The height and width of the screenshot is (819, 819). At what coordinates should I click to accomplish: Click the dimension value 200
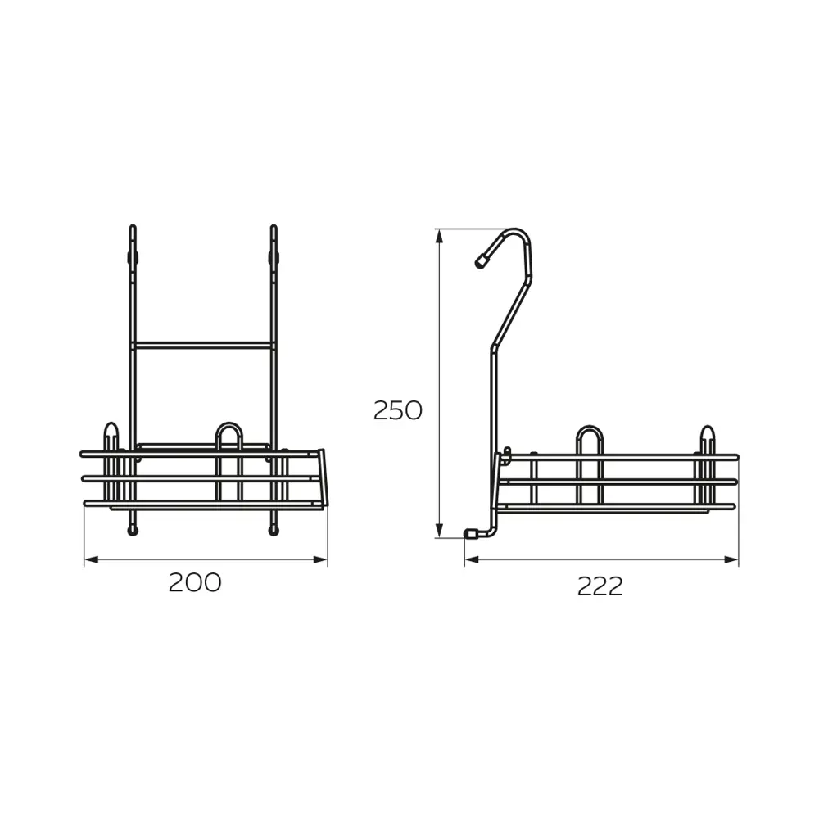pyautogui.click(x=195, y=582)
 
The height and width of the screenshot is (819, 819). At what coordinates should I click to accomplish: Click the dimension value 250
pyautogui.click(x=397, y=409)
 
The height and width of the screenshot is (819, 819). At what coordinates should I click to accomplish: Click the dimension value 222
pyautogui.click(x=600, y=586)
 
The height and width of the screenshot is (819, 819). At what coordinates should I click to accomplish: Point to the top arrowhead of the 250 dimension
pyautogui.click(x=440, y=235)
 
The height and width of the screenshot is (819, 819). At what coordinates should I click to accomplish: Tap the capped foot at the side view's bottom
pyautogui.click(x=472, y=533)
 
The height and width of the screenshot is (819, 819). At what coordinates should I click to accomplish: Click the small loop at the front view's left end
pyautogui.click(x=111, y=434)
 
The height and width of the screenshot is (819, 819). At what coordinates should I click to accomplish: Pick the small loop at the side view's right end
pyautogui.click(x=707, y=437)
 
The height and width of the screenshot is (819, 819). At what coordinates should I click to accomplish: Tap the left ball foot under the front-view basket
pyautogui.click(x=132, y=532)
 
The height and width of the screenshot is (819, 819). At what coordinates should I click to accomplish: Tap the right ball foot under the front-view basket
pyautogui.click(x=272, y=532)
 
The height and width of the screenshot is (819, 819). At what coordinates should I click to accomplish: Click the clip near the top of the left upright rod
pyautogui.click(x=131, y=257)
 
